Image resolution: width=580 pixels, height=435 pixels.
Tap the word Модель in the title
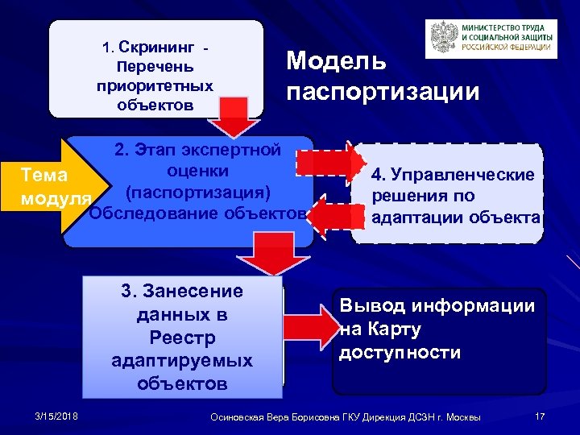[x=337, y=61]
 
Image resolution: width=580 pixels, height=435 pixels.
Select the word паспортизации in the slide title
[x=383, y=90]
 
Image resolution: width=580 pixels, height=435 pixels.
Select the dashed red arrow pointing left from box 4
[x=330, y=214]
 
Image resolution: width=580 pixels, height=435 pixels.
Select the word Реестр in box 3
[x=181, y=336]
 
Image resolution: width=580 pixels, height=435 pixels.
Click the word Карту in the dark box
[x=390, y=329]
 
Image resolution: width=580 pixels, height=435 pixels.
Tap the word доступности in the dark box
[x=400, y=352]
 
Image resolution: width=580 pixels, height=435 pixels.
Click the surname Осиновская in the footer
[x=238, y=416]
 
